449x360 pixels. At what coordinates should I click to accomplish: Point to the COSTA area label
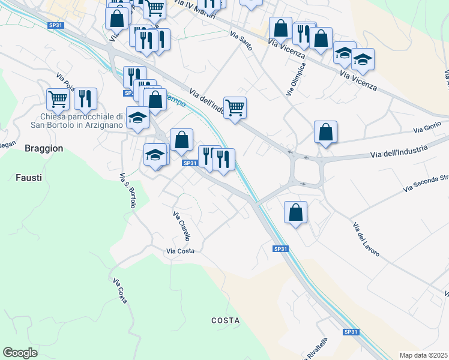[x=226, y=320]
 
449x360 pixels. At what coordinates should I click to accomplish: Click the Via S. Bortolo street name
[x=128, y=191]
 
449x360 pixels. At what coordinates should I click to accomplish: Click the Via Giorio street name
[x=427, y=130]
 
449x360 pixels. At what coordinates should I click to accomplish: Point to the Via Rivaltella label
[x=317, y=349]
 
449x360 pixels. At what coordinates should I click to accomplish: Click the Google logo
[x=20, y=353]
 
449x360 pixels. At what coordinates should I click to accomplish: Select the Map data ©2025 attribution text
[x=423, y=355]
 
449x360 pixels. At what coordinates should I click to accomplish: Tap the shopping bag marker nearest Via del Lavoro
[x=295, y=212]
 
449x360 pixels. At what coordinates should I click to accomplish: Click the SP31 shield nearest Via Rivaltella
[x=351, y=332]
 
